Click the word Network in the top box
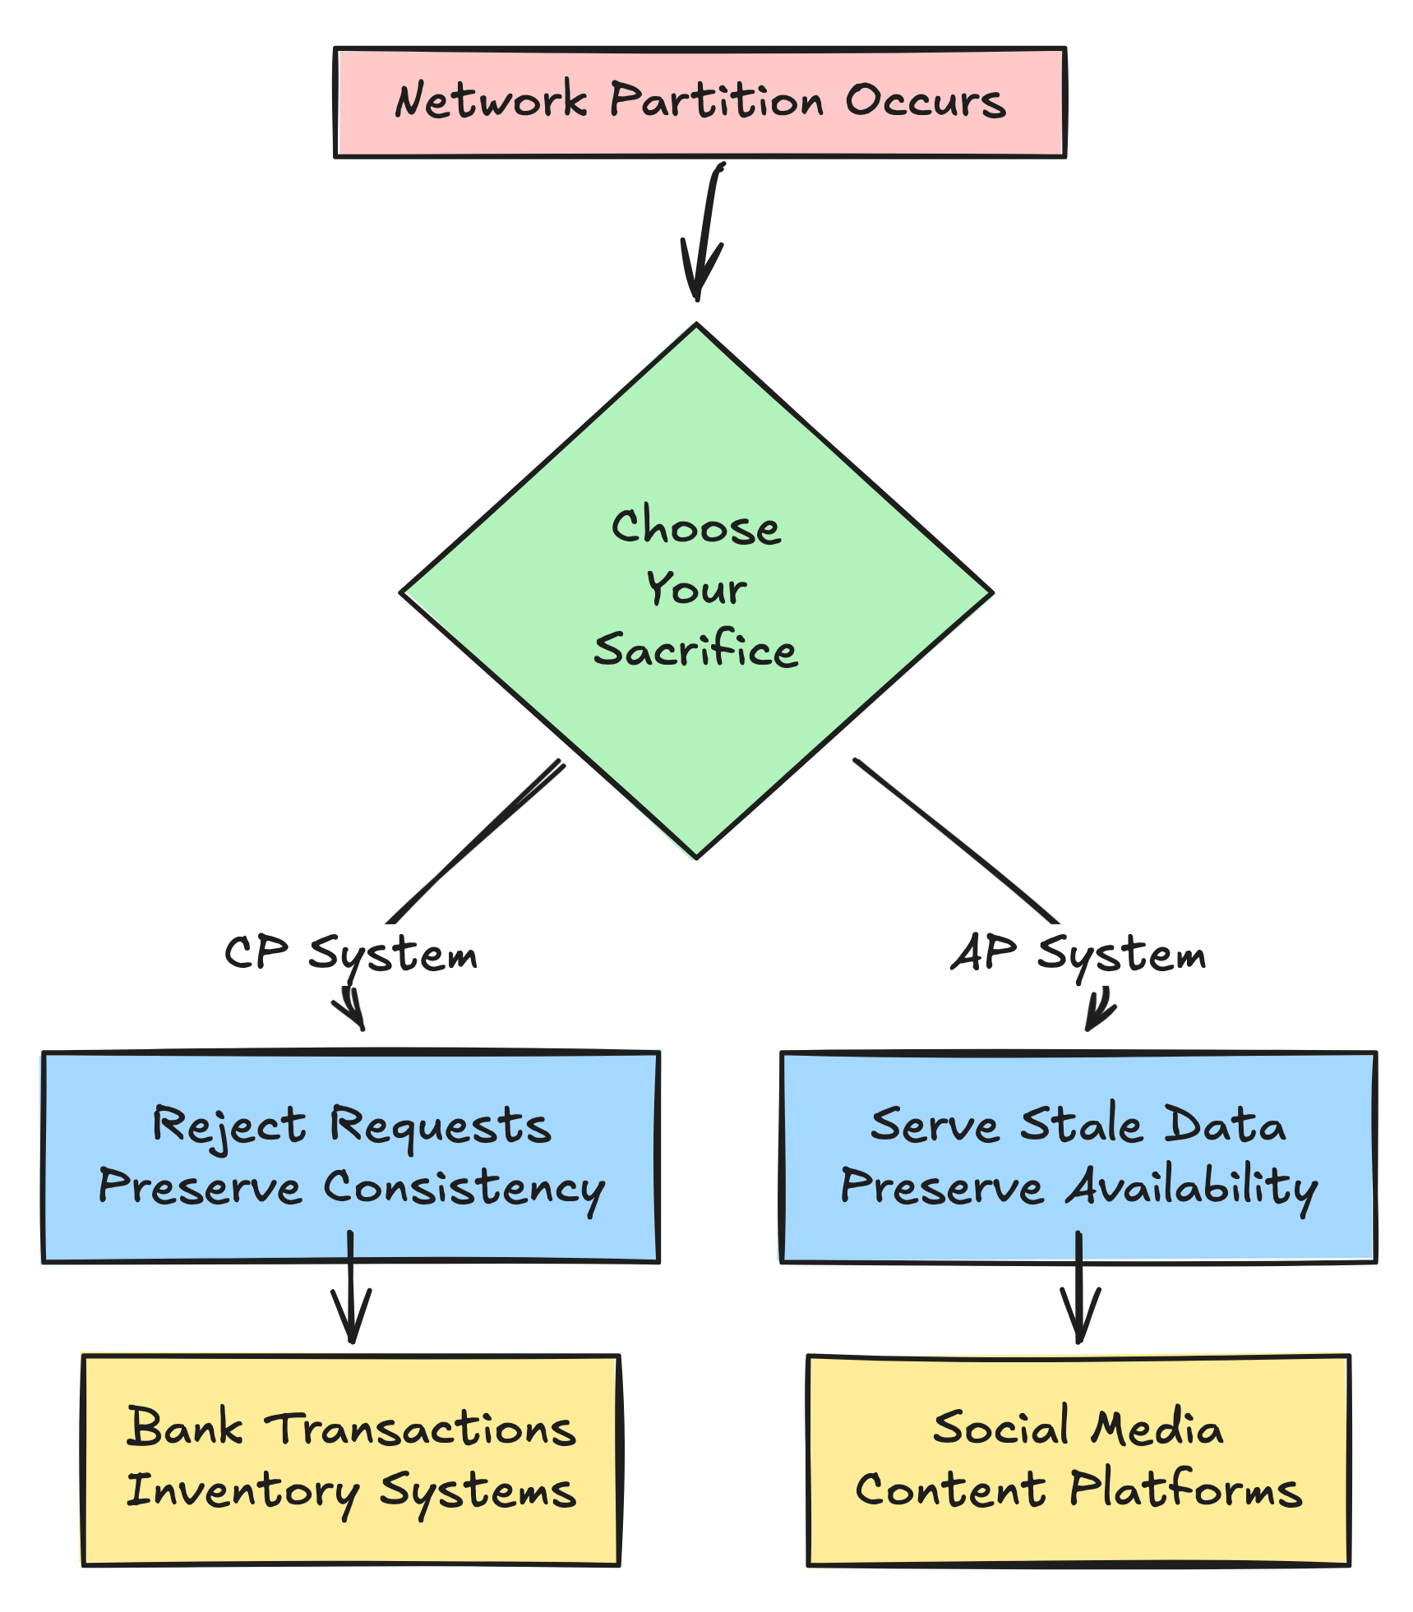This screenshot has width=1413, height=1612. click(491, 102)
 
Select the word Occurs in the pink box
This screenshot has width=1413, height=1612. click(925, 102)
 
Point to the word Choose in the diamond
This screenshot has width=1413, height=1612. click(695, 527)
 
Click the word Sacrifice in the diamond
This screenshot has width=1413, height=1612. click(695, 651)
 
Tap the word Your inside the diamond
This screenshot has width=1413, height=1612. click(695, 589)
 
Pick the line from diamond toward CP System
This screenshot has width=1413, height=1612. click(477, 842)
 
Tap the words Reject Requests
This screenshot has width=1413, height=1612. click(352, 1126)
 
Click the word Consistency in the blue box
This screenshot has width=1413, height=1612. click(464, 1189)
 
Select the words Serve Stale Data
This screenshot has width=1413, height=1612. click(1078, 1126)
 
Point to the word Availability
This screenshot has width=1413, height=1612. click(1191, 1189)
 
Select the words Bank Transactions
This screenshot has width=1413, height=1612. click(352, 1429)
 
